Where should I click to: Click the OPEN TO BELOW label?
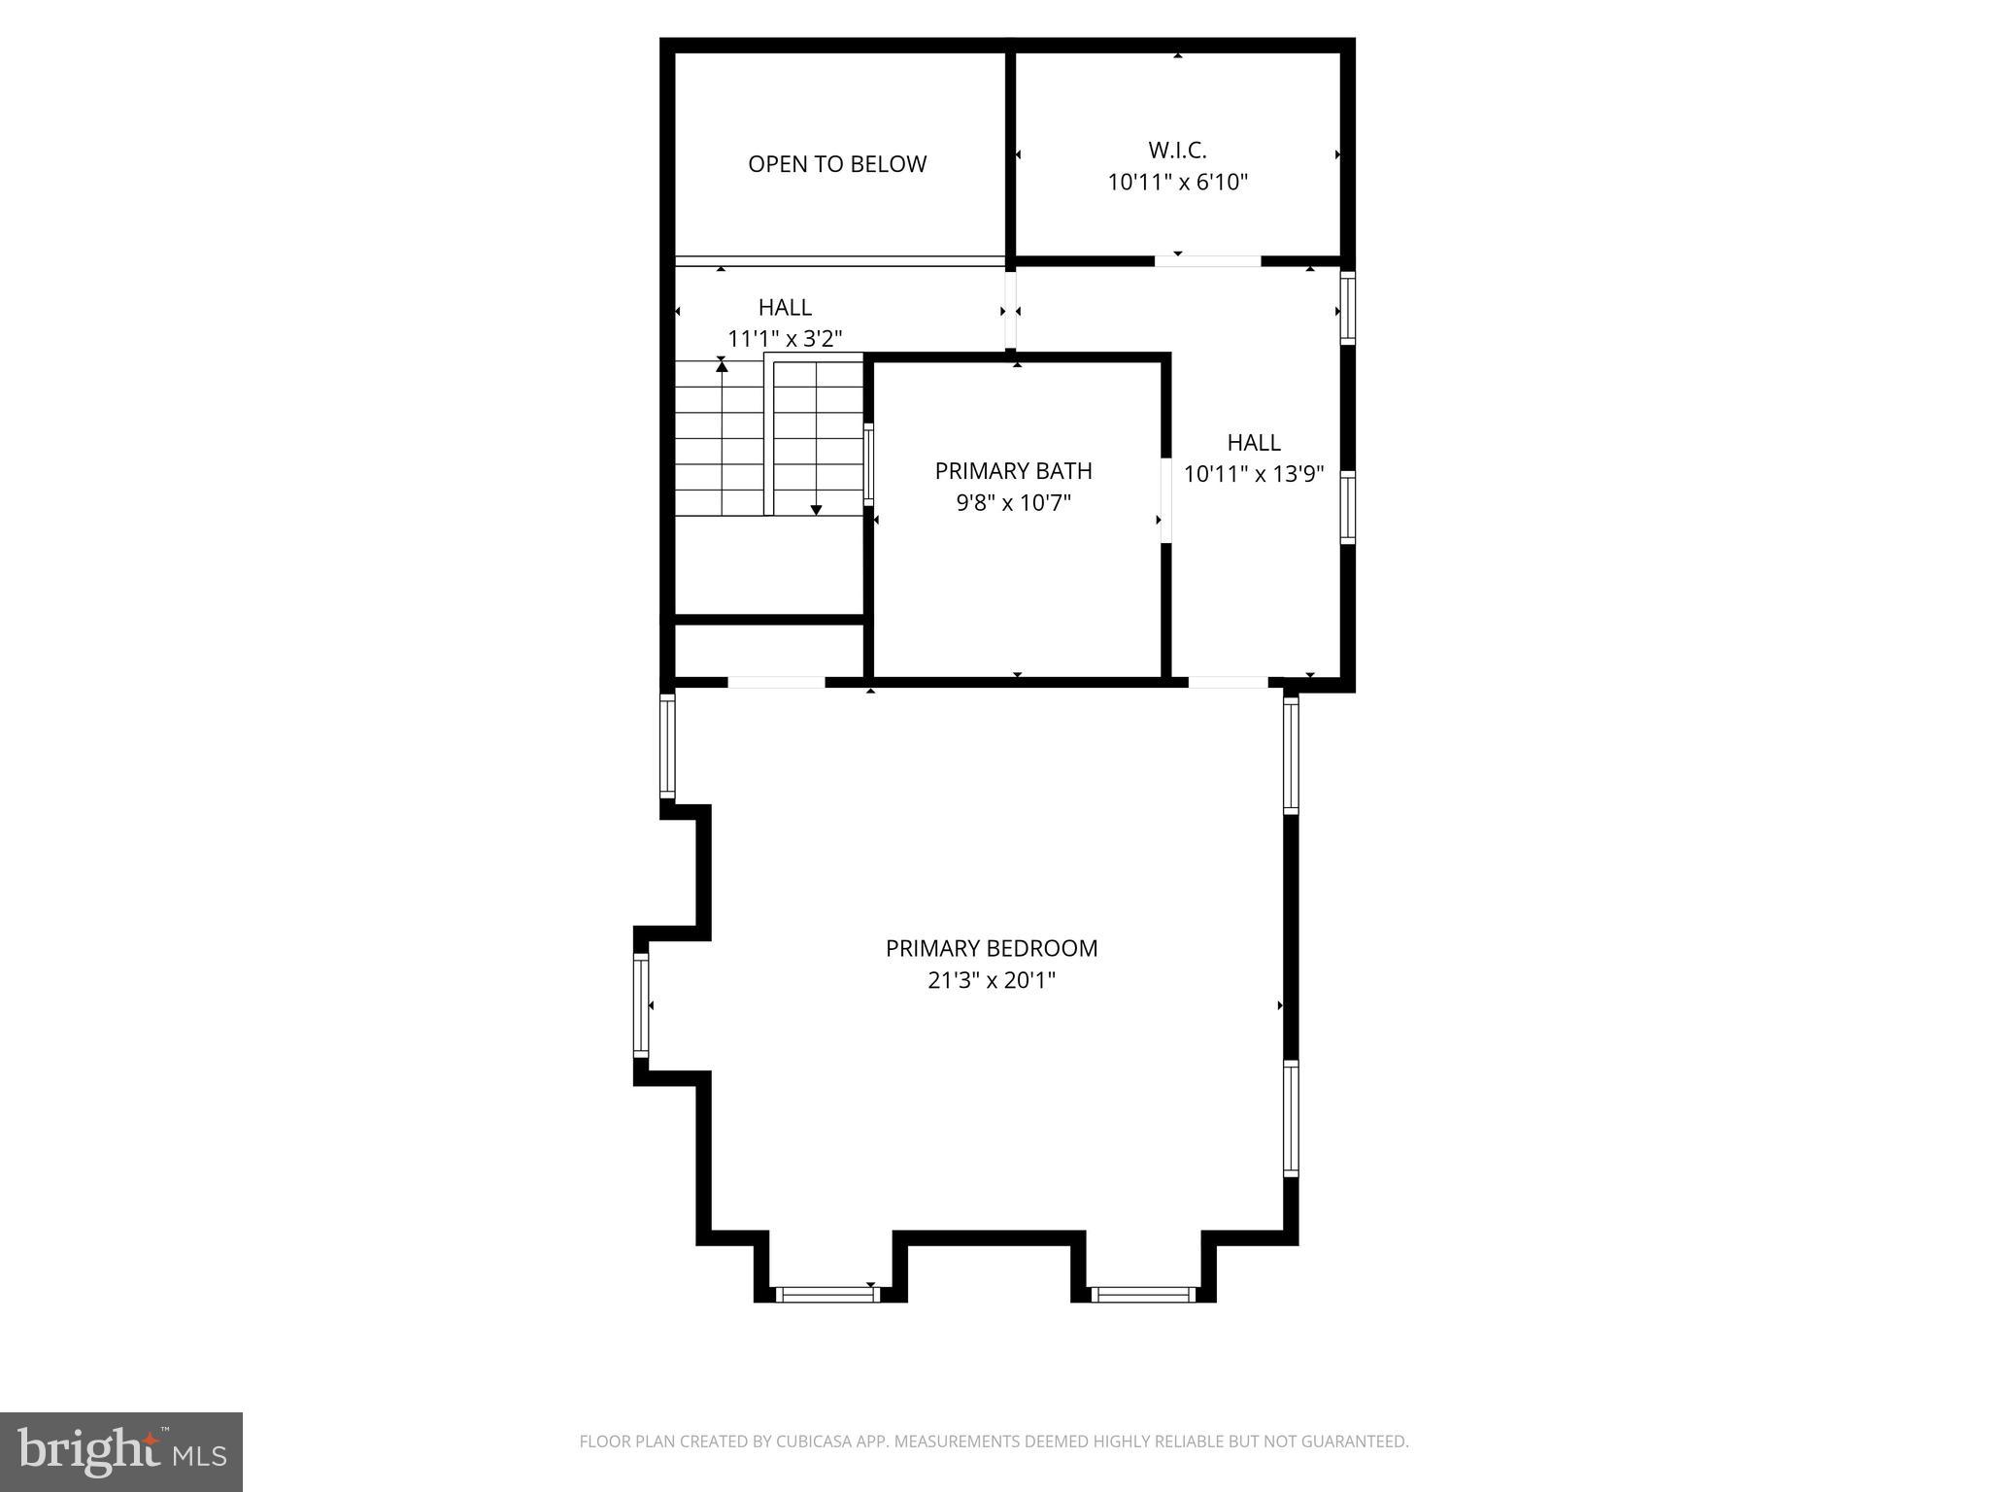(836, 164)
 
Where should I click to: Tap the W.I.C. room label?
(1177, 151)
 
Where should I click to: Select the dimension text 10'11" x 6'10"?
(1177, 183)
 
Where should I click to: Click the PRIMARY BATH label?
(1013, 471)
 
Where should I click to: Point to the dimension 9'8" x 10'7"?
(1013, 503)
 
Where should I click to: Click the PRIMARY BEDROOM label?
(991, 949)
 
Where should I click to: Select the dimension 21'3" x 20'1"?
(991, 981)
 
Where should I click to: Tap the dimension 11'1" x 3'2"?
(785, 339)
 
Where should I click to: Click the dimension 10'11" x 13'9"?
(1254, 474)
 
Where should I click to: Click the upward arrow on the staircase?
(722, 365)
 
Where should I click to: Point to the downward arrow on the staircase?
(816, 509)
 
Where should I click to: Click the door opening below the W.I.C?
(1207, 261)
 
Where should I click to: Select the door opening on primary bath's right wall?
(1165, 499)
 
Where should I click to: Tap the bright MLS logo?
(121, 1452)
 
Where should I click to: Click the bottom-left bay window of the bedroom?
(826, 1294)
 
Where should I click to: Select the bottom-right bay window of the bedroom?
(1142, 1294)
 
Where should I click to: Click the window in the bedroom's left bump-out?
(641, 1005)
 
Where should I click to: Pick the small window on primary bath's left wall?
(868, 464)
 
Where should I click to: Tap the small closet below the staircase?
(768, 650)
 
